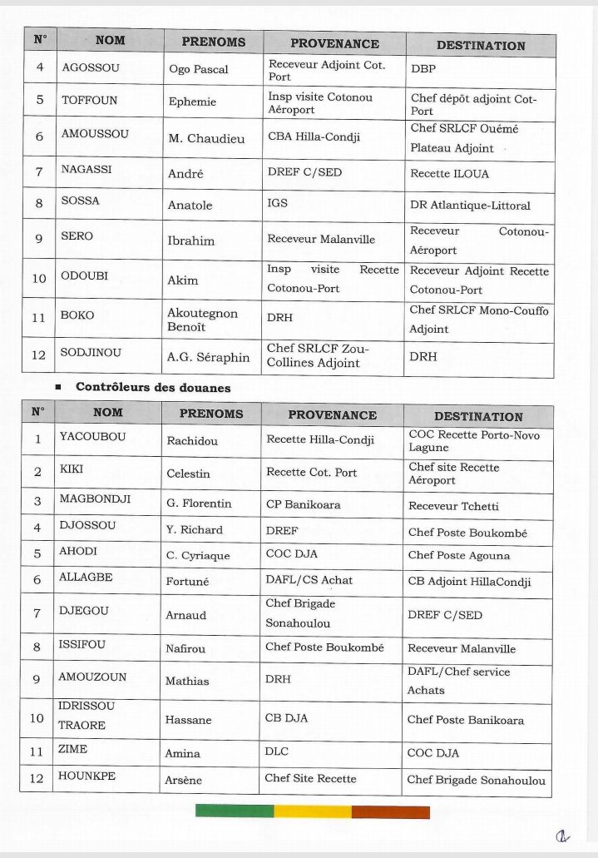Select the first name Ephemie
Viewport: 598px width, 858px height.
point(192,102)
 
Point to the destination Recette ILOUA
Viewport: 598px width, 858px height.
point(449,174)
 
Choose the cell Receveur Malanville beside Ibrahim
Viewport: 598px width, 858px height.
point(321,240)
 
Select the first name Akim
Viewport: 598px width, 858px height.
point(183,280)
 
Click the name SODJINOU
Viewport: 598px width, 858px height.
point(91,353)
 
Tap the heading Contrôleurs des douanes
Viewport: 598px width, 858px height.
point(153,387)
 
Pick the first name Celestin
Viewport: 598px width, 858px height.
point(188,474)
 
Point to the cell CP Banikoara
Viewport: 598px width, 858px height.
point(303,504)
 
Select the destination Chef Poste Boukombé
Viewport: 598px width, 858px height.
point(467,533)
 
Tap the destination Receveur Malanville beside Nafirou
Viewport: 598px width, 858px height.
point(461,648)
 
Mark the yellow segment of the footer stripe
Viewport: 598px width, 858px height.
point(313,811)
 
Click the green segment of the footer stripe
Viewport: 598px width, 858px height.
point(235,811)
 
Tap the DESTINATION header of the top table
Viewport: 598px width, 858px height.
point(480,46)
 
